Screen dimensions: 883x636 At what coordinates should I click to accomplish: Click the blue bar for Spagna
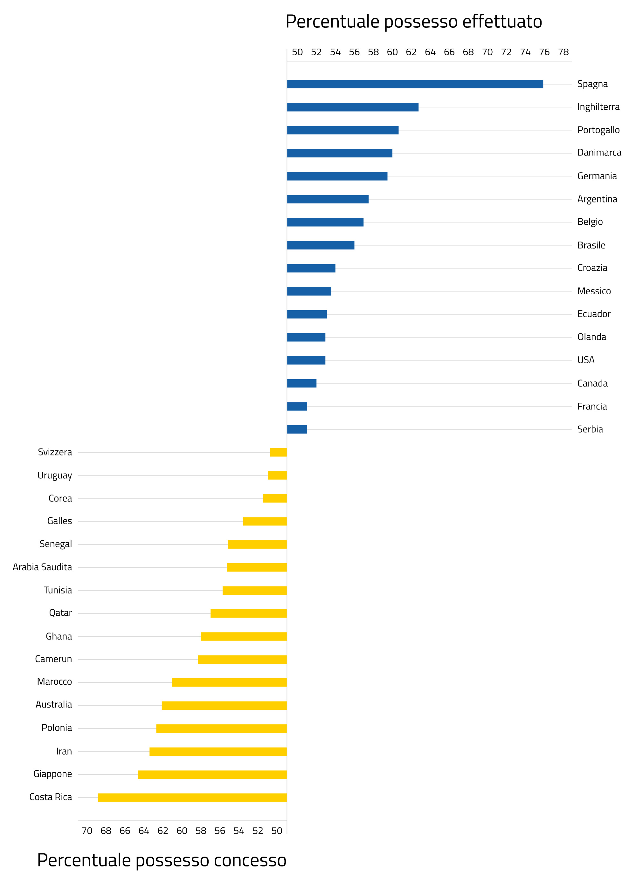tap(415, 84)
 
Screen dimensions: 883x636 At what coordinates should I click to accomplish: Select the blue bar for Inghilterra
tap(352, 107)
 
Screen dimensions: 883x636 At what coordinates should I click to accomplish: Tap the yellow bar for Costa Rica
tap(192, 797)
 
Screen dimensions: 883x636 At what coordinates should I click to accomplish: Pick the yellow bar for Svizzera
tap(279, 452)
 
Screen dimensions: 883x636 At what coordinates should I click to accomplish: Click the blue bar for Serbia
tap(297, 429)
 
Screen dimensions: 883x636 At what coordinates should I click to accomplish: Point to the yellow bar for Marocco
tap(229, 682)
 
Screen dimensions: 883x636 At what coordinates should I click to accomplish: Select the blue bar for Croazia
tap(311, 268)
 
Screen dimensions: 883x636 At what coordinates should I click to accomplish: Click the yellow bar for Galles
tap(265, 521)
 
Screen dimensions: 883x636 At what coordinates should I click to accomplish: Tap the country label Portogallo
tap(598, 130)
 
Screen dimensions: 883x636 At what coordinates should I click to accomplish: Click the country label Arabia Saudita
tap(42, 567)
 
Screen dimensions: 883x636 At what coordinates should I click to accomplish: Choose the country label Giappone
tap(52, 774)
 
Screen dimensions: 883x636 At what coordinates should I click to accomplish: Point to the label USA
tap(586, 360)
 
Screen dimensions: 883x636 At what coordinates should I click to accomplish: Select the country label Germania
tap(597, 176)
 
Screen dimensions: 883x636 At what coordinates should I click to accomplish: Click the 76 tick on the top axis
tap(544, 52)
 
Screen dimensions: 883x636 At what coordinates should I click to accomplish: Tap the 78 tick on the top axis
tap(563, 52)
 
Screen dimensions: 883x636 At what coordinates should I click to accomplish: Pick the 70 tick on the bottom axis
tap(87, 831)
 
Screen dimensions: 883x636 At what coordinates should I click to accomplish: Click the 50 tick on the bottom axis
tap(277, 831)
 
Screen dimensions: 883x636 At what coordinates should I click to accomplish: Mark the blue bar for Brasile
tap(321, 245)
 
